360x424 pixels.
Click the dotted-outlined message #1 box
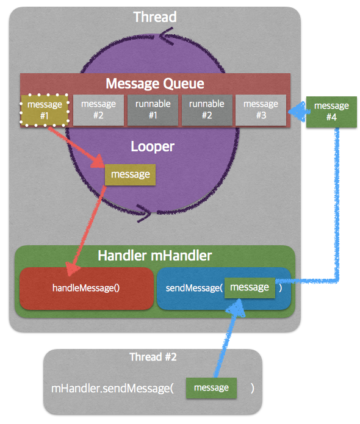point(45,110)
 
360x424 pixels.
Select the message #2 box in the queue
point(98,110)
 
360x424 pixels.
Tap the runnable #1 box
point(153,110)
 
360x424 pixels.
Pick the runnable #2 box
point(207,110)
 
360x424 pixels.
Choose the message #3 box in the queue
point(261,110)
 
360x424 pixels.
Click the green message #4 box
point(331,112)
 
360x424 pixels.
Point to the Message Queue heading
point(155,84)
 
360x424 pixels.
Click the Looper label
point(153,146)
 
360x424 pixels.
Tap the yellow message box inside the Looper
point(130,174)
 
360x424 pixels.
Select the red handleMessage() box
point(87,288)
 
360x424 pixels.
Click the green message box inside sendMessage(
point(250,288)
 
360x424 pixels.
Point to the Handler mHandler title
point(155,256)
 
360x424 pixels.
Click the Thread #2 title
point(153,357)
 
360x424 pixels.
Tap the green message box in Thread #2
point(211,388)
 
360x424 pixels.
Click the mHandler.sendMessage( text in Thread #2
point(112,389)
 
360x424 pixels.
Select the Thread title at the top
point(155,16)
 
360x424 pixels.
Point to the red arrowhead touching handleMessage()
point(72,269)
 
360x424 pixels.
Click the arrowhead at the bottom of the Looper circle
point(144,213)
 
